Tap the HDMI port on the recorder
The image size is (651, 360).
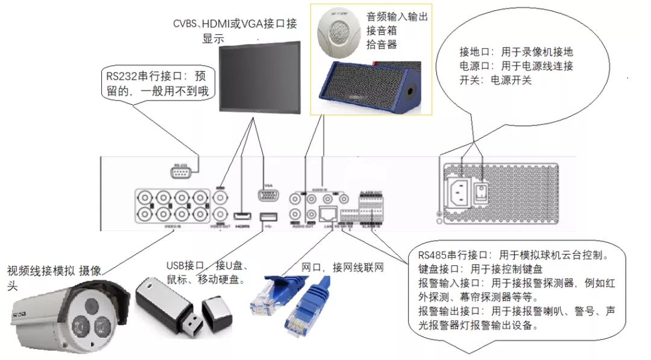click(242, 216)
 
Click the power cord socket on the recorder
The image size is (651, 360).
click(458, 192)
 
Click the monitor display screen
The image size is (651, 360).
click(258, 77)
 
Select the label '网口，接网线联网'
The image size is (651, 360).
click(342, 268)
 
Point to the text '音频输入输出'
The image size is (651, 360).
click(397, 17)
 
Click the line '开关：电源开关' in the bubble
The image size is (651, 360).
click(495, 80)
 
